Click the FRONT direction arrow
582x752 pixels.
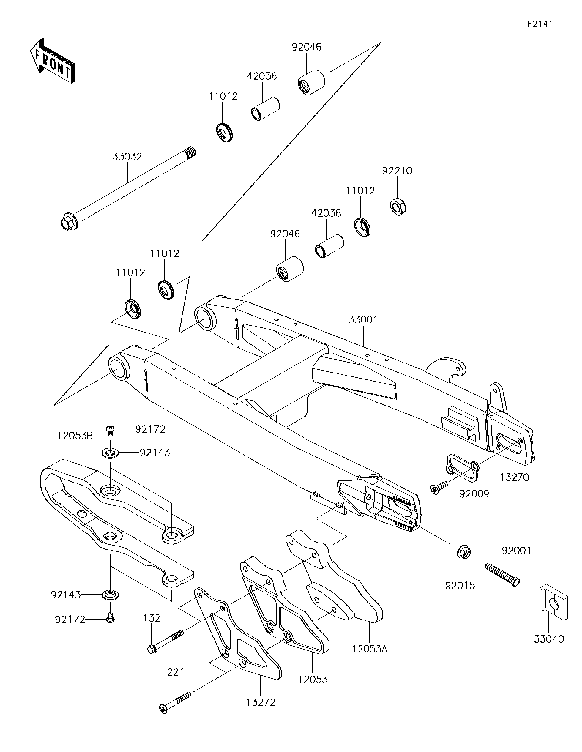[x=52, y=61]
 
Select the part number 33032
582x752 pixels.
[x=127, y=157]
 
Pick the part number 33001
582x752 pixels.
[x=363, y=319]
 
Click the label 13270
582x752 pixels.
[x=514, y=477]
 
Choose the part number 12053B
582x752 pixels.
[x=75, y=436]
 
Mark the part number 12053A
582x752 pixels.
[x=370, y=649]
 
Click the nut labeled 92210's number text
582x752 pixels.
[x=397, y=171]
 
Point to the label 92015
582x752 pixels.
[x=460, y=585]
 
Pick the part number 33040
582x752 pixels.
[x=549, y=639]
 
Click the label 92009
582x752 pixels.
[x=474, y=494]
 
